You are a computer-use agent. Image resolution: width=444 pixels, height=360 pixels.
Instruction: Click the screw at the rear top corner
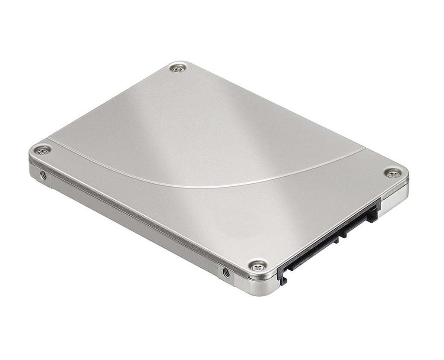(x=178, y=68)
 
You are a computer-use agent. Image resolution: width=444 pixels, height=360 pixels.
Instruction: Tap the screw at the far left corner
(x=42, y=150)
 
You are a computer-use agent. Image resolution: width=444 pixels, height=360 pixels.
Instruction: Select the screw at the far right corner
(x=392, y=173)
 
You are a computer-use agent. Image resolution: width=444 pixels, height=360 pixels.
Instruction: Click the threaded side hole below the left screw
(x=43, y=175)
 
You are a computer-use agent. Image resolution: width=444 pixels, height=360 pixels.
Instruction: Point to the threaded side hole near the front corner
(x=226, y=272)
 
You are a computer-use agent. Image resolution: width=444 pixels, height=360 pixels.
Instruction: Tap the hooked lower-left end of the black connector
(x=282, y=277)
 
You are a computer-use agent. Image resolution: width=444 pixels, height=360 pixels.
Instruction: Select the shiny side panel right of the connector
(x=395, y=199)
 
